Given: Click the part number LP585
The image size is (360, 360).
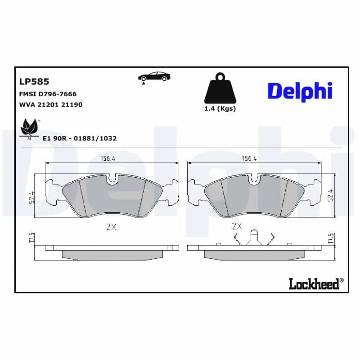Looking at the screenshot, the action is pyautogui.click(x=34, y=81).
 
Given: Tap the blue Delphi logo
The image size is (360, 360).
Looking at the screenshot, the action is pyautogui.click(x=300, y=91).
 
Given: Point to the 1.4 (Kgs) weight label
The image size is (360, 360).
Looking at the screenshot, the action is pyautogui.click(x=220, y=108).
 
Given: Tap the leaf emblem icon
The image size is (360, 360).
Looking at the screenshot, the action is pyautogui.click(x=29, y=128).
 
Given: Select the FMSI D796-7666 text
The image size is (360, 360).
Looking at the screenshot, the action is pyautogui.click(x=48, y=94).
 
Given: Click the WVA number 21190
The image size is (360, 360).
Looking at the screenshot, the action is pyautogui.click(x=72, y=105).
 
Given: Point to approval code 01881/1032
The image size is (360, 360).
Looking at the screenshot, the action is pyautogui.click(x=95, y=139).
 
